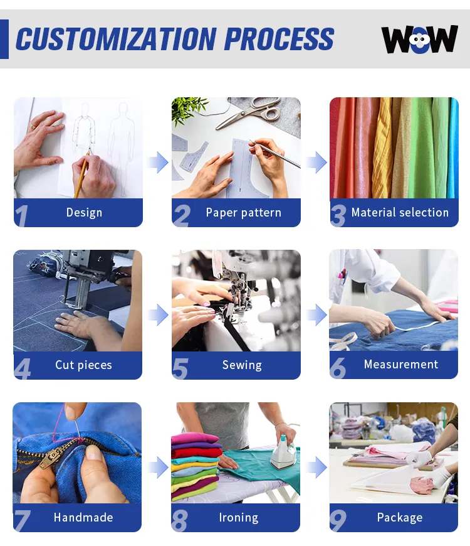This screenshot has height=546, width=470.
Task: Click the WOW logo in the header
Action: click(x=420, y=39)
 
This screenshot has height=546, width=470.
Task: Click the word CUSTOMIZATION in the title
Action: click(x=116, y=39)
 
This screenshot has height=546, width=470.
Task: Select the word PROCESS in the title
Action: click(x=279, y=39)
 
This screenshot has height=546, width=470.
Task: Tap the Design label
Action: click(x=84, y=212)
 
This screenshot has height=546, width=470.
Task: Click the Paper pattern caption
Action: click(x=243, y=212)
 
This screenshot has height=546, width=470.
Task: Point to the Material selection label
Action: click(x=400, y=212)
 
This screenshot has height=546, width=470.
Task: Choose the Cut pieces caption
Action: click(x=83, y=365)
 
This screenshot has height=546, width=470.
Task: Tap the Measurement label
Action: click(x=401, y=364)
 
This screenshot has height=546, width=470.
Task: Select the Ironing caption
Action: click(x=239, y=518)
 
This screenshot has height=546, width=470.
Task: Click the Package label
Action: click(x=400, y=518)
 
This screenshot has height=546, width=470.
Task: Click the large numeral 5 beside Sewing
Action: click(x=180, y=369)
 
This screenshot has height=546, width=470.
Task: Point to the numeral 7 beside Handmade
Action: click(x=22, y=521)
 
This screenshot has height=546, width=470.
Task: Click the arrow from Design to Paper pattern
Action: click(x=158, y=163)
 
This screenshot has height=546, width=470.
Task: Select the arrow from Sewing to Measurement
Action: click(x=316, y=315)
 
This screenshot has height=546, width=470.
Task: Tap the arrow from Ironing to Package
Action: click(x=316, y=468)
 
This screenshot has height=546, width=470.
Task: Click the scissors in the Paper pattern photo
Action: click(x=253, y=112)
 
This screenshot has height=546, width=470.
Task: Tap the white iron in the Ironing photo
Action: click(x=283, y=452)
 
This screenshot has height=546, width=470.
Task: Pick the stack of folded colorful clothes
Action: click(x=196, y=466)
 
